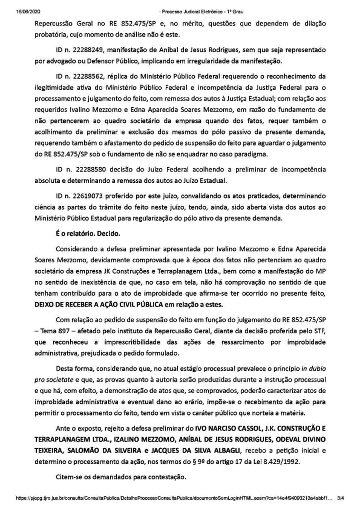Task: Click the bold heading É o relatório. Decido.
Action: pyautogui.click(x=88, y=233)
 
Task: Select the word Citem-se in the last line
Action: pyautogui.click(x=67, y=477)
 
